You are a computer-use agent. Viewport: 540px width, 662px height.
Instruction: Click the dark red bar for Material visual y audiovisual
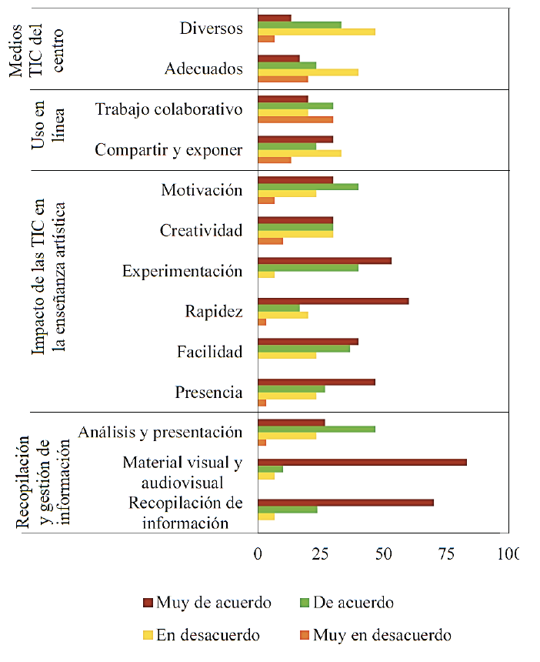362,462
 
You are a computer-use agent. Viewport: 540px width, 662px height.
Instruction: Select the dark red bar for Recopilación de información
345,503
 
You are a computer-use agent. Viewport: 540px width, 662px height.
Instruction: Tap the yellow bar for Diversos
316,32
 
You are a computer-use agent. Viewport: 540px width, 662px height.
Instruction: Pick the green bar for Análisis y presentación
316,428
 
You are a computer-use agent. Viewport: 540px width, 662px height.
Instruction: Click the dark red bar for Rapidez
333,301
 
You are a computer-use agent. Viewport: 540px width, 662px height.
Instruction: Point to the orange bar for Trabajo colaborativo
295,119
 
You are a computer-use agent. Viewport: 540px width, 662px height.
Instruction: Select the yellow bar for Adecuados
308,72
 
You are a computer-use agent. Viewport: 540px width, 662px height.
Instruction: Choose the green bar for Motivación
308,186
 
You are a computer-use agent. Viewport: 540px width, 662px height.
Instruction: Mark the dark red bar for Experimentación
325,260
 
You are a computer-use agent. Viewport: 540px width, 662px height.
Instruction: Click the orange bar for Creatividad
270,241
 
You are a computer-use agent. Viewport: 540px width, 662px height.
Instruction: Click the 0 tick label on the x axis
258,553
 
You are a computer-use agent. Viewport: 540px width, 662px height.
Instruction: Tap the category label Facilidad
209,353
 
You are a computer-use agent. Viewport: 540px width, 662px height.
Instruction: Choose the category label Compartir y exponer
168,150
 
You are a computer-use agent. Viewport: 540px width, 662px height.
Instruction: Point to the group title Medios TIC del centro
45,48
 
